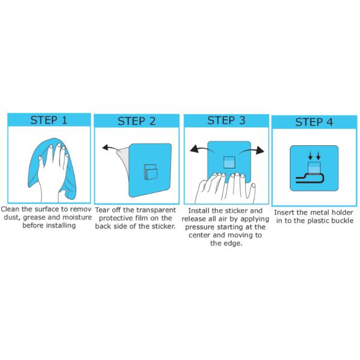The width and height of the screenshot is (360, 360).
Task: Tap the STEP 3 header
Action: [226, 119]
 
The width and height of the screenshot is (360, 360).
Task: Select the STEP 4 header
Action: [314, 122]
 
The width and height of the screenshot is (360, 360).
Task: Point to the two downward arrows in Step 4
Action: [314, 157]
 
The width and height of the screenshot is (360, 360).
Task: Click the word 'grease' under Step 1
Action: [34, 218]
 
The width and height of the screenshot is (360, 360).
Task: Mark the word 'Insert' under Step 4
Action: [285, 212]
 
